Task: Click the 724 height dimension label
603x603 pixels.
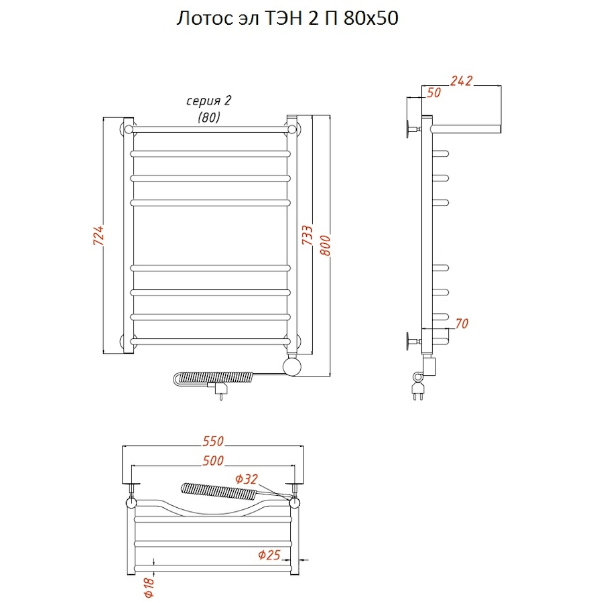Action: click(x=99, y=235)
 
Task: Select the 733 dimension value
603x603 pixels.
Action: click(x=308, y=235)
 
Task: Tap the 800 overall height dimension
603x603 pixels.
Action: click(x=326, y=245)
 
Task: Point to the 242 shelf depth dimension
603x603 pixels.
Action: click(x=461, y=81)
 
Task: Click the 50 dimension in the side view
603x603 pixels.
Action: click(x=433, y=92)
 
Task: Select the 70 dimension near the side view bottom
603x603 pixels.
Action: click(x=462, y=324)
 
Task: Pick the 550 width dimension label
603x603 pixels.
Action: click(x=213, y=441)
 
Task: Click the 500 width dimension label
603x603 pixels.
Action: click(x=213, y=461)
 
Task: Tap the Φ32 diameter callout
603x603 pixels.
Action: click(x=247, y=479)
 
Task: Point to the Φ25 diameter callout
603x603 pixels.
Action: click(x=269, y=555)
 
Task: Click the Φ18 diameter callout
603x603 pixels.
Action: click(x=149, y=587)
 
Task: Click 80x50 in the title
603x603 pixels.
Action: click(x=371, y=18)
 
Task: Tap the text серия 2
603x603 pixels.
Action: click(x=209, y=100)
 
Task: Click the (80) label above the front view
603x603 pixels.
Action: click(x=209, y=117)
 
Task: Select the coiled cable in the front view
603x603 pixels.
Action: click(x=214, y=378)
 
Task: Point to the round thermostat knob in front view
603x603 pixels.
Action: click(x=293, y=366)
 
